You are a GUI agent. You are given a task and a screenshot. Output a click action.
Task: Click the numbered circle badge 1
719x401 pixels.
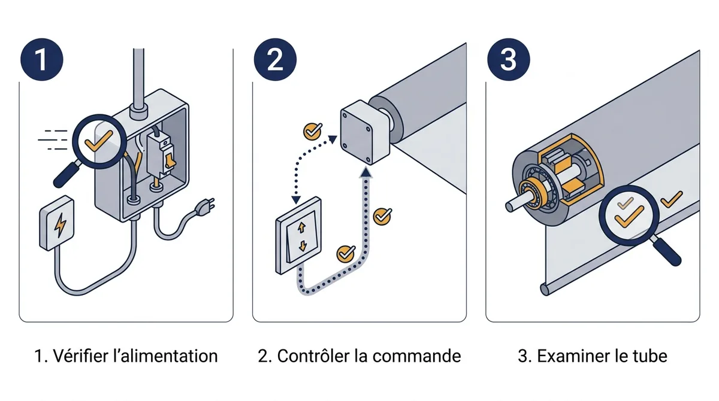pos(42,60)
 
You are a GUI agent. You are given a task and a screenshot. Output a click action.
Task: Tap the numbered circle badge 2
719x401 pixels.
pos(275,60)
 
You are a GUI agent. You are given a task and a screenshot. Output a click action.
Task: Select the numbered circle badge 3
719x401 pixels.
pos(509,60)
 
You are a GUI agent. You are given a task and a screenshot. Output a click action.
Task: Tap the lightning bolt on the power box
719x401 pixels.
pos(60,224)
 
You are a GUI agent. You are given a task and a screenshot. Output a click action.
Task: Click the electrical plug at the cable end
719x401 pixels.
pos(206,206)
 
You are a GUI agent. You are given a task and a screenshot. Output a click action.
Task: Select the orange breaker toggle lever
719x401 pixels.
pos(170,159)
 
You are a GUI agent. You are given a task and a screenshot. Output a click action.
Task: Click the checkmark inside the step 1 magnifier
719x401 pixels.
pos(98,141)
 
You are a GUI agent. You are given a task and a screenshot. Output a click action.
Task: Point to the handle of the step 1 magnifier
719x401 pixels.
pos(67,175)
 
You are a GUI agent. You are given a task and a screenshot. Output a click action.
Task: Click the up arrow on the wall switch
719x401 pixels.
pos(301,227)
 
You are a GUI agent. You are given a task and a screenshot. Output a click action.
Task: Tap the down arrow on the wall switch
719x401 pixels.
pos(303,246)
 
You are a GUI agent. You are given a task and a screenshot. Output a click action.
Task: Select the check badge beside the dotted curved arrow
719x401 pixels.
pos(313,131)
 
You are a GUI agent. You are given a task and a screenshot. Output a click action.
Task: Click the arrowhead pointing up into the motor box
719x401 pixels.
pos(366,172)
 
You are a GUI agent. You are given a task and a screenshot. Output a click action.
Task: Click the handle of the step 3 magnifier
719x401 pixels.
pos(666,251)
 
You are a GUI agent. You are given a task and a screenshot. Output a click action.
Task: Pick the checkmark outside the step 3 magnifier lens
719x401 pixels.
pos(672,199)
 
